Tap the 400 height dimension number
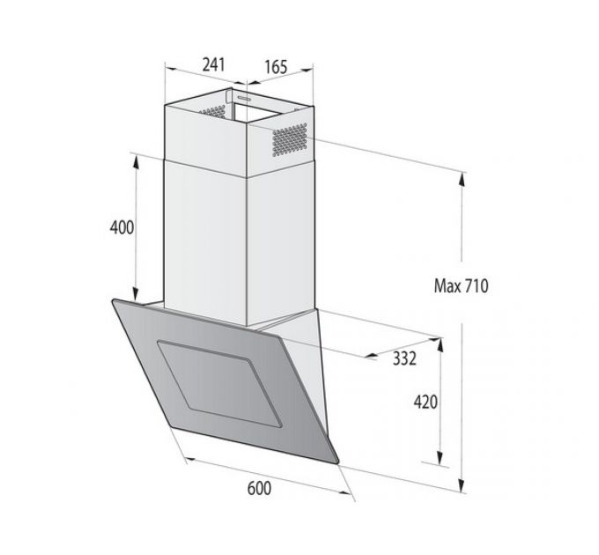[121, 227]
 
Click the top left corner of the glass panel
[114, 301]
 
